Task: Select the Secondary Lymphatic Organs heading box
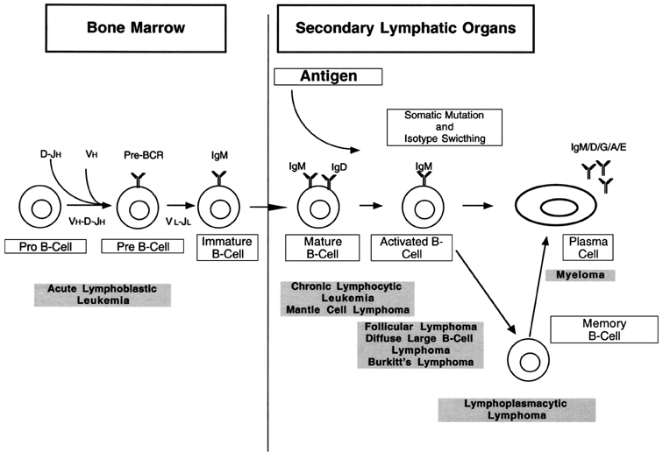(404, 29)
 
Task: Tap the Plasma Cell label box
(574, 248)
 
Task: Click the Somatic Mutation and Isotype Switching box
(435, 128)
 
